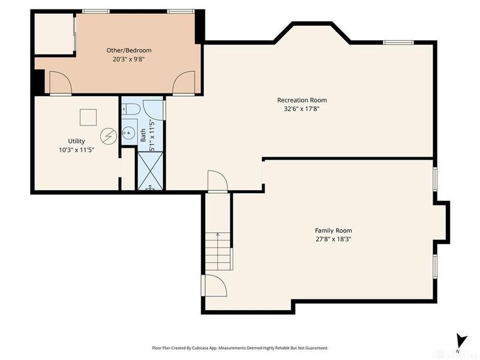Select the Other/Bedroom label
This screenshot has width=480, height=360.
point(129,50)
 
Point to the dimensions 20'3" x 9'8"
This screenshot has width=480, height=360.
point(129,59)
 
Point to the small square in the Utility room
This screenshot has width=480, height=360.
point(89,116)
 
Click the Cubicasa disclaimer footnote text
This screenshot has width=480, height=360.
point(240,348)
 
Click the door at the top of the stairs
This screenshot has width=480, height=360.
point(216,181)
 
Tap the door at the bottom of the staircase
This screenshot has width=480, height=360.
point(213,286)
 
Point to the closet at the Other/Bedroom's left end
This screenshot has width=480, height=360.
point(53,34)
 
